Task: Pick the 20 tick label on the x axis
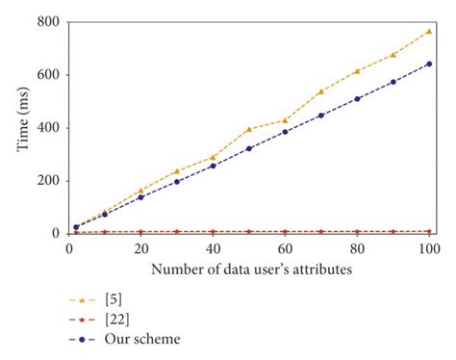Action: click(140, 247)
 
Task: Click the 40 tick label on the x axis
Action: click(213, 247)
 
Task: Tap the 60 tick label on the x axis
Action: click(285, 247)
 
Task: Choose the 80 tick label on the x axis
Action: click(357, 247)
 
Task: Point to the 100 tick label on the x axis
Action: click(428, 247)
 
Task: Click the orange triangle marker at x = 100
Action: click(429, 31)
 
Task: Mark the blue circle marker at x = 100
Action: click(429, 64)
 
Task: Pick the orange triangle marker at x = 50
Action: click(249, 129)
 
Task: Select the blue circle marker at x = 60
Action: click(285, 132)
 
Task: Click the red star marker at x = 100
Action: click(429, 231)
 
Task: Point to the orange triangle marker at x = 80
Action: click(357, 71)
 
